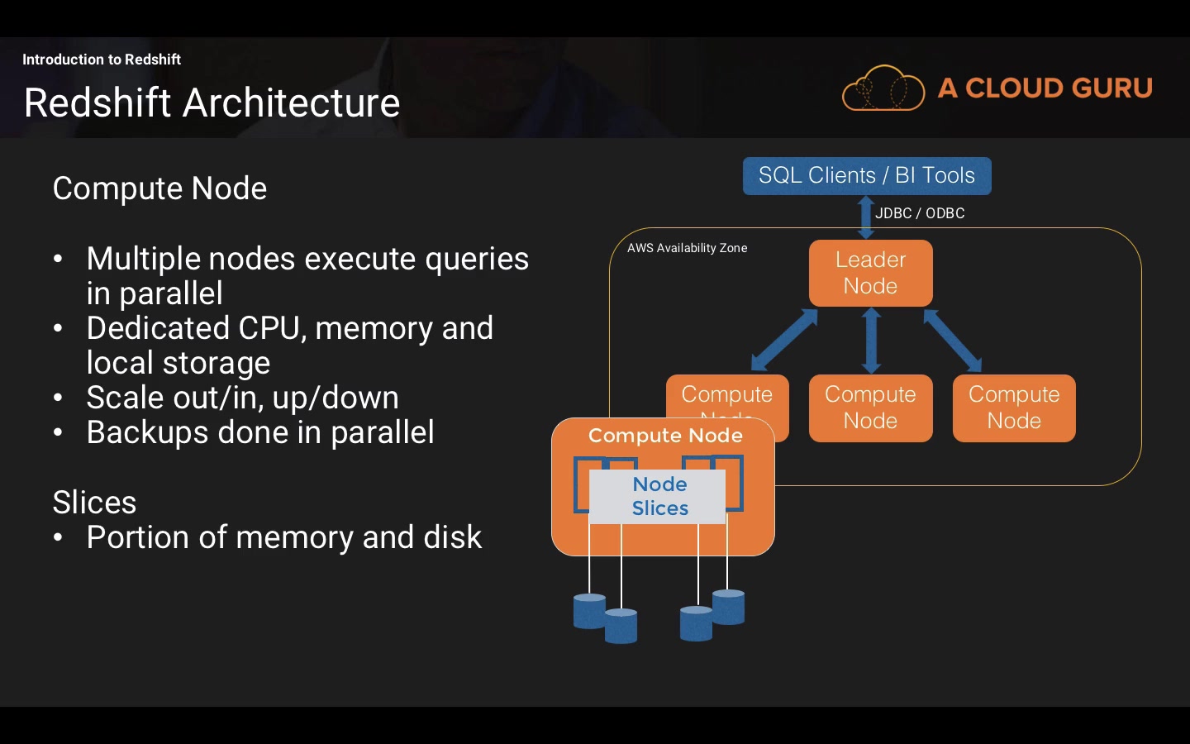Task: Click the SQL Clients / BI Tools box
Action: coord(866,175)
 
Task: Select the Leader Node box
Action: coord(870,273)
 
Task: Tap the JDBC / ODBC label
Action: coord(920,213)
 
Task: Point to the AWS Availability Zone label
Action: coord(687,248)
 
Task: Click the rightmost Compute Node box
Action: coord(1013,408)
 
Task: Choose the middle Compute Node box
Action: coord(870,408)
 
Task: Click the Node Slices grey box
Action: coord(659,496)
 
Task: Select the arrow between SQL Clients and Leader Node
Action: coord(865,217)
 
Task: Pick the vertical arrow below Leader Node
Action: coord(871,340)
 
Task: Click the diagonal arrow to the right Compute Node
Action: coord(952,340)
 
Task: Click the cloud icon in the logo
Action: coord(883,88)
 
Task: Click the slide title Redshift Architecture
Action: coord(212,103)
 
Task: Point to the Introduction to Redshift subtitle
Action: coord(101,60)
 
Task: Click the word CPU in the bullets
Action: coord(270,328)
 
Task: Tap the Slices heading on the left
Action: coord(94,503)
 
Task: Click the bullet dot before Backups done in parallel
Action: coord(58,432)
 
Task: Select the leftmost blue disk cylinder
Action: coord(589,611)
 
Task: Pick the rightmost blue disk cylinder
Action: coord(728,607)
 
